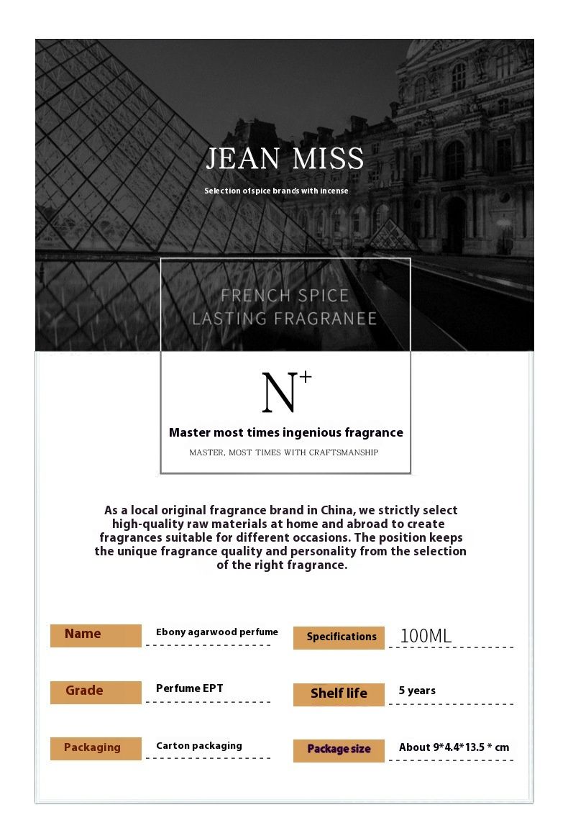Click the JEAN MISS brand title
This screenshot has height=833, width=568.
tap(285, 159)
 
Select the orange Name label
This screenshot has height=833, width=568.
tap(96, 635)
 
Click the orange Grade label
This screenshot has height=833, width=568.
tap(96, 692)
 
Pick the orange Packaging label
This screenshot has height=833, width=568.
tap(96, 748)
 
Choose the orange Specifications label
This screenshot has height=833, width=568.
tap(339, 637)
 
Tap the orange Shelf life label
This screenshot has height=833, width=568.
tap(339, 694)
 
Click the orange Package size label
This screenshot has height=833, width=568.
tap(339, 750)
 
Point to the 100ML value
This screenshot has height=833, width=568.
tap(426, 636)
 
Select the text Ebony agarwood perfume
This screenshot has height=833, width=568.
tap(216, 632)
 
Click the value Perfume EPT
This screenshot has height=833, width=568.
tap(189, 688)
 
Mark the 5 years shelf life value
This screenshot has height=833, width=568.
tap(417, 691)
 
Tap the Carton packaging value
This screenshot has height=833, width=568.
tap(198, 746)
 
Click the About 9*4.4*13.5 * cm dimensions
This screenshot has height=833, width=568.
tap(454, 747)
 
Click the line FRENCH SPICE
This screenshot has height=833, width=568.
tap(285, 296)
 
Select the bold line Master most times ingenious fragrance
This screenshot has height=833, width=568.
tap(285, 433)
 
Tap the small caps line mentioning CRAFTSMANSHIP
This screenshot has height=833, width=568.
tap(284, 452)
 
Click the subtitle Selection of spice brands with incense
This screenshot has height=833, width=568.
tap(276, 191)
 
